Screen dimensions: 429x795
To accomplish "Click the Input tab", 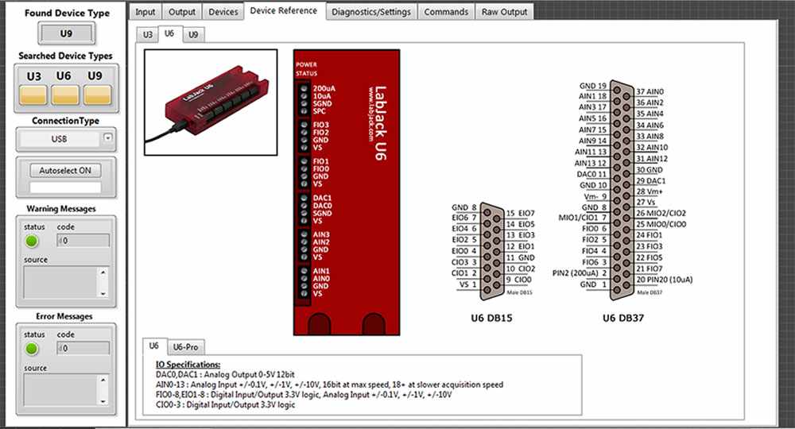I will (145, 12).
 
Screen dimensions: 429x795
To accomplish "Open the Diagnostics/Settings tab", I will (371, 12).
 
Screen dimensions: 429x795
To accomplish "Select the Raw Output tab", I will (504, 12).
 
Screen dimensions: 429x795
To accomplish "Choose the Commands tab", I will (446, 12).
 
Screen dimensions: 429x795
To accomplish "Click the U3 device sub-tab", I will (147, 35).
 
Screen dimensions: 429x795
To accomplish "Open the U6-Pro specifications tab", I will (186, 347).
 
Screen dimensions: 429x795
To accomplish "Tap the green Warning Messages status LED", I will (32, 241).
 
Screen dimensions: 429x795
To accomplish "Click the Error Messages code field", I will (84, 348).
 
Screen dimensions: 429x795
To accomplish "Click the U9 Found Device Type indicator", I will (67, 33).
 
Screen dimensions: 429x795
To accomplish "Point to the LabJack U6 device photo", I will (211, 102).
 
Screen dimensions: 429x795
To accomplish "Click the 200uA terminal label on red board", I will (324, 88).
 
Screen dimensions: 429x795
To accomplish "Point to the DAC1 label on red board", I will (322, 197).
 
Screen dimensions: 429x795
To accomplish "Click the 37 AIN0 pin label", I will (650, 91).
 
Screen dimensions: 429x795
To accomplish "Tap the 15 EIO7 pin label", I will (520, 213).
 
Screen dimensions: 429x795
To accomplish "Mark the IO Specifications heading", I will (188, 364).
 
